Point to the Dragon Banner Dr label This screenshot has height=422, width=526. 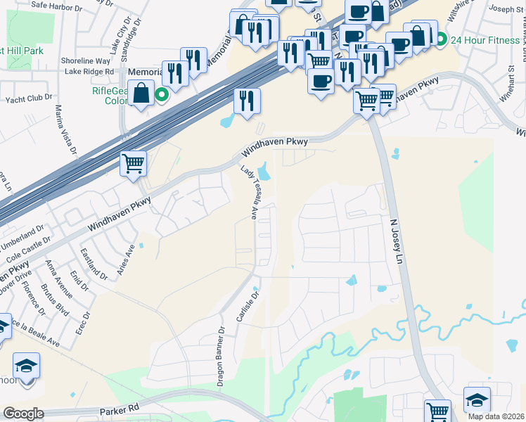click(220, 357)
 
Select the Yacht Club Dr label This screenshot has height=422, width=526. click(30, 98)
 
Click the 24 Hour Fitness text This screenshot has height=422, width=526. click(485, 39)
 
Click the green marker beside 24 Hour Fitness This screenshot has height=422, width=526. click(442, 39)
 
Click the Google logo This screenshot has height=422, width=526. click(23, 413)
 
